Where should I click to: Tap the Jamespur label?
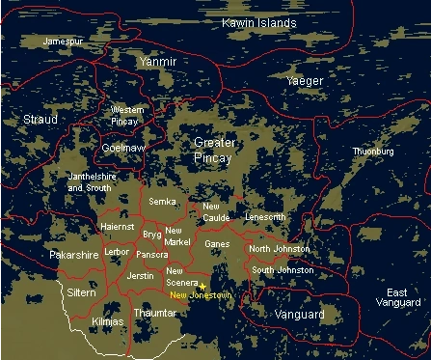click(62, 42)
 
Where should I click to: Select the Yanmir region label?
click(157, 61)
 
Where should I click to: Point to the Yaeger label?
click(305, 81)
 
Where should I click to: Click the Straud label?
click(40, 119)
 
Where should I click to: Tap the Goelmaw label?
click(122, 149)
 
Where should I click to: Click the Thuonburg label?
click(373, 152)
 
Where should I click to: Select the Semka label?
click(163, 202)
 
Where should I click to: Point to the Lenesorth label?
click(265, 217)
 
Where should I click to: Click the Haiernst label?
click(118, 227)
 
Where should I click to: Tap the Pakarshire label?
click(73, 256)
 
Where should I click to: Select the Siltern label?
click(81, 291)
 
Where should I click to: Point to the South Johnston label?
click(283, 270)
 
